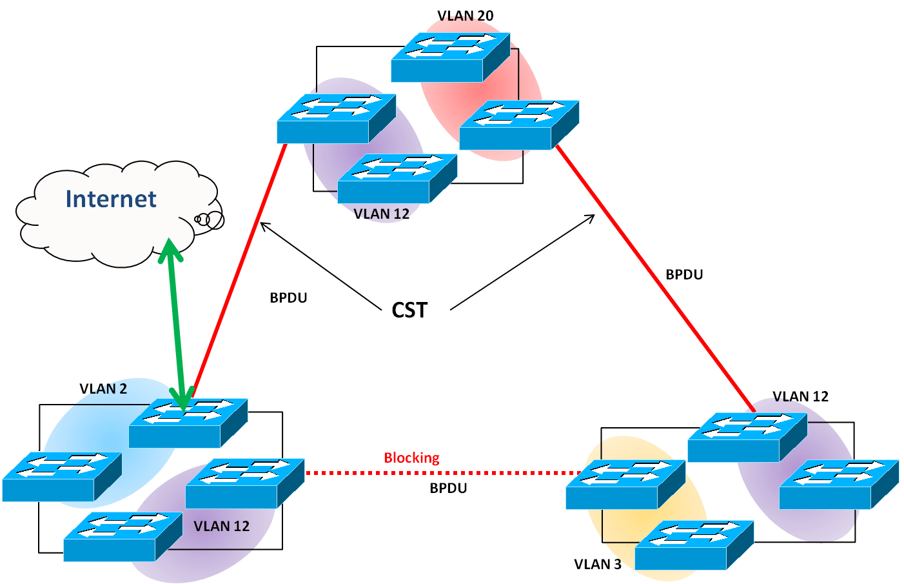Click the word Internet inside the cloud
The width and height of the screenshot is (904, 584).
(111, 199)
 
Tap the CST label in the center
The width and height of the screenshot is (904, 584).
(409, 310)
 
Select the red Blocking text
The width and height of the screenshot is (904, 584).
(411, 458)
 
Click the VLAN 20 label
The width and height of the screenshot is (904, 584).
(465, 15)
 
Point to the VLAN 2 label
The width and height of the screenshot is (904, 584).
(103, 388)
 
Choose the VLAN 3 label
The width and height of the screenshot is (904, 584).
(597, 564)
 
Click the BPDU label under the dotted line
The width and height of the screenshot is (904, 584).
(448, 488)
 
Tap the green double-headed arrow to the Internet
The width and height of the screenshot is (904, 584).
(175, 323)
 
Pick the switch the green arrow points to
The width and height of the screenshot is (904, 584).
(188, 423)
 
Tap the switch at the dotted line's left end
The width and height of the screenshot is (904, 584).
(244, 483)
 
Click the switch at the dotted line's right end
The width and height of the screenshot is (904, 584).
(625, 485)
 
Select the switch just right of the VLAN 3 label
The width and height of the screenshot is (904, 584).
(694, 545)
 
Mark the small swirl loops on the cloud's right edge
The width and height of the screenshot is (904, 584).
(209, 220)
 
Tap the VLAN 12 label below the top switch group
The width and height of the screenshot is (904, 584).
(382, 214)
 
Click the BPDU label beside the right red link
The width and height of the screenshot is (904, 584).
(684, 274)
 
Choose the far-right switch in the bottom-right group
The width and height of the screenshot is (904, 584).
(838, 484)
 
